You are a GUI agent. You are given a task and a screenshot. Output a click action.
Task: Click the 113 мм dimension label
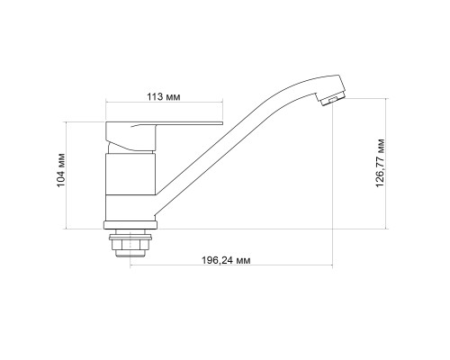pos(164,97)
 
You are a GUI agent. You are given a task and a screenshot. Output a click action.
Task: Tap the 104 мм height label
pos(61,170)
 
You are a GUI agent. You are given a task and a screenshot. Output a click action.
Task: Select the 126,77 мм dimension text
pos(380,163)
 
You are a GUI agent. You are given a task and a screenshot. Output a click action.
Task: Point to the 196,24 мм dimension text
pos(226,260)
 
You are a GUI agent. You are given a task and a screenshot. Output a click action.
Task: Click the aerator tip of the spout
pos(332,98)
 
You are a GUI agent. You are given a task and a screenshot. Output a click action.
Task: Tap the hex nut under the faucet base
pos(130,245)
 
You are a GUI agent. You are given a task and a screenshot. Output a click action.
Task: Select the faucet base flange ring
pos(130,225)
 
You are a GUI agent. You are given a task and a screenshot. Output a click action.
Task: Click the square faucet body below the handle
pos(130,174)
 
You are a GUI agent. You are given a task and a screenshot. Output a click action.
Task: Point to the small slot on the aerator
pos(332,100)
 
